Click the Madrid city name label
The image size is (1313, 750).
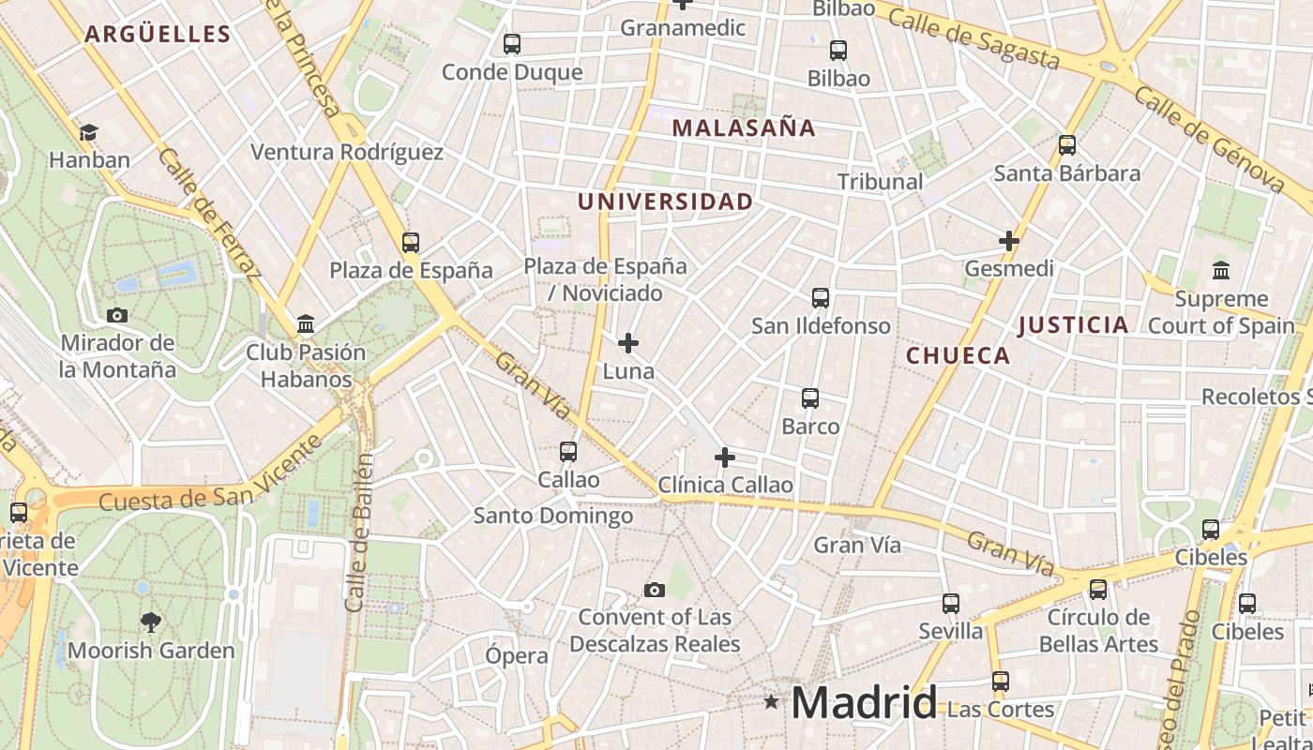(864, 702)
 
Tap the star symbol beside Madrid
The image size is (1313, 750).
(771, 701)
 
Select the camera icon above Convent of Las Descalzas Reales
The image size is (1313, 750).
(655, 590)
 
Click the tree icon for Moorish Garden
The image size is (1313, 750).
(150, 622)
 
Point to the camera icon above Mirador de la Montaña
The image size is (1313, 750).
(117, 315)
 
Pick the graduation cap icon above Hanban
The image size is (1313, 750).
(89, 133)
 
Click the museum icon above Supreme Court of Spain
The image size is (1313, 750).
(1221, 271)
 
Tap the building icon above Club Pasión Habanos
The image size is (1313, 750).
(305, 324)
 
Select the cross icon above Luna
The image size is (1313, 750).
(628, 343)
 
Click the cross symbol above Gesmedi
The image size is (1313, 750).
(1009, 241)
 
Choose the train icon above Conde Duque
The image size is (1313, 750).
(512, 44)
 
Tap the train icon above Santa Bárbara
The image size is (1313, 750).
(1066, 145)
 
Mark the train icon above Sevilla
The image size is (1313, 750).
(951, 603)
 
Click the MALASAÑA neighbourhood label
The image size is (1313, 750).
(744, 128)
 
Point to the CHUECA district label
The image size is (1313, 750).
(958, 355)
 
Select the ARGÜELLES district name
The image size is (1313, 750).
(158, 35)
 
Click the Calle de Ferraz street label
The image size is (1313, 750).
(208, 214)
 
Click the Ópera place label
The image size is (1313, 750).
(517, 655)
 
